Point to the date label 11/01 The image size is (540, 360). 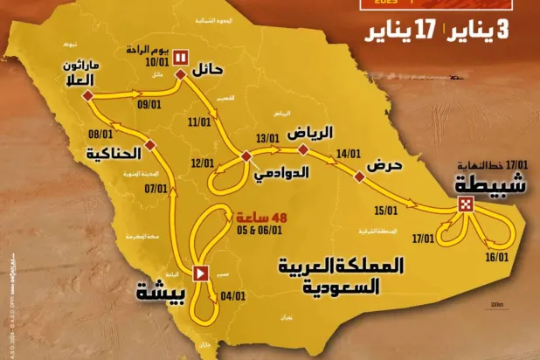pyautogui.click(x=200, y=123)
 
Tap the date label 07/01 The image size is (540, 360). pyautogui.click(x=156, y=187)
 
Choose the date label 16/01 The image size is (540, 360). pyautogui.click(x=497, y=258)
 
